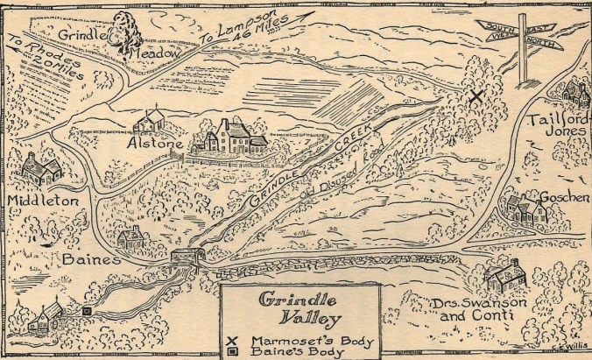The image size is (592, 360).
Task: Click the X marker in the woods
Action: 476,97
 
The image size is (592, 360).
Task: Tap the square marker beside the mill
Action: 87,310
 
